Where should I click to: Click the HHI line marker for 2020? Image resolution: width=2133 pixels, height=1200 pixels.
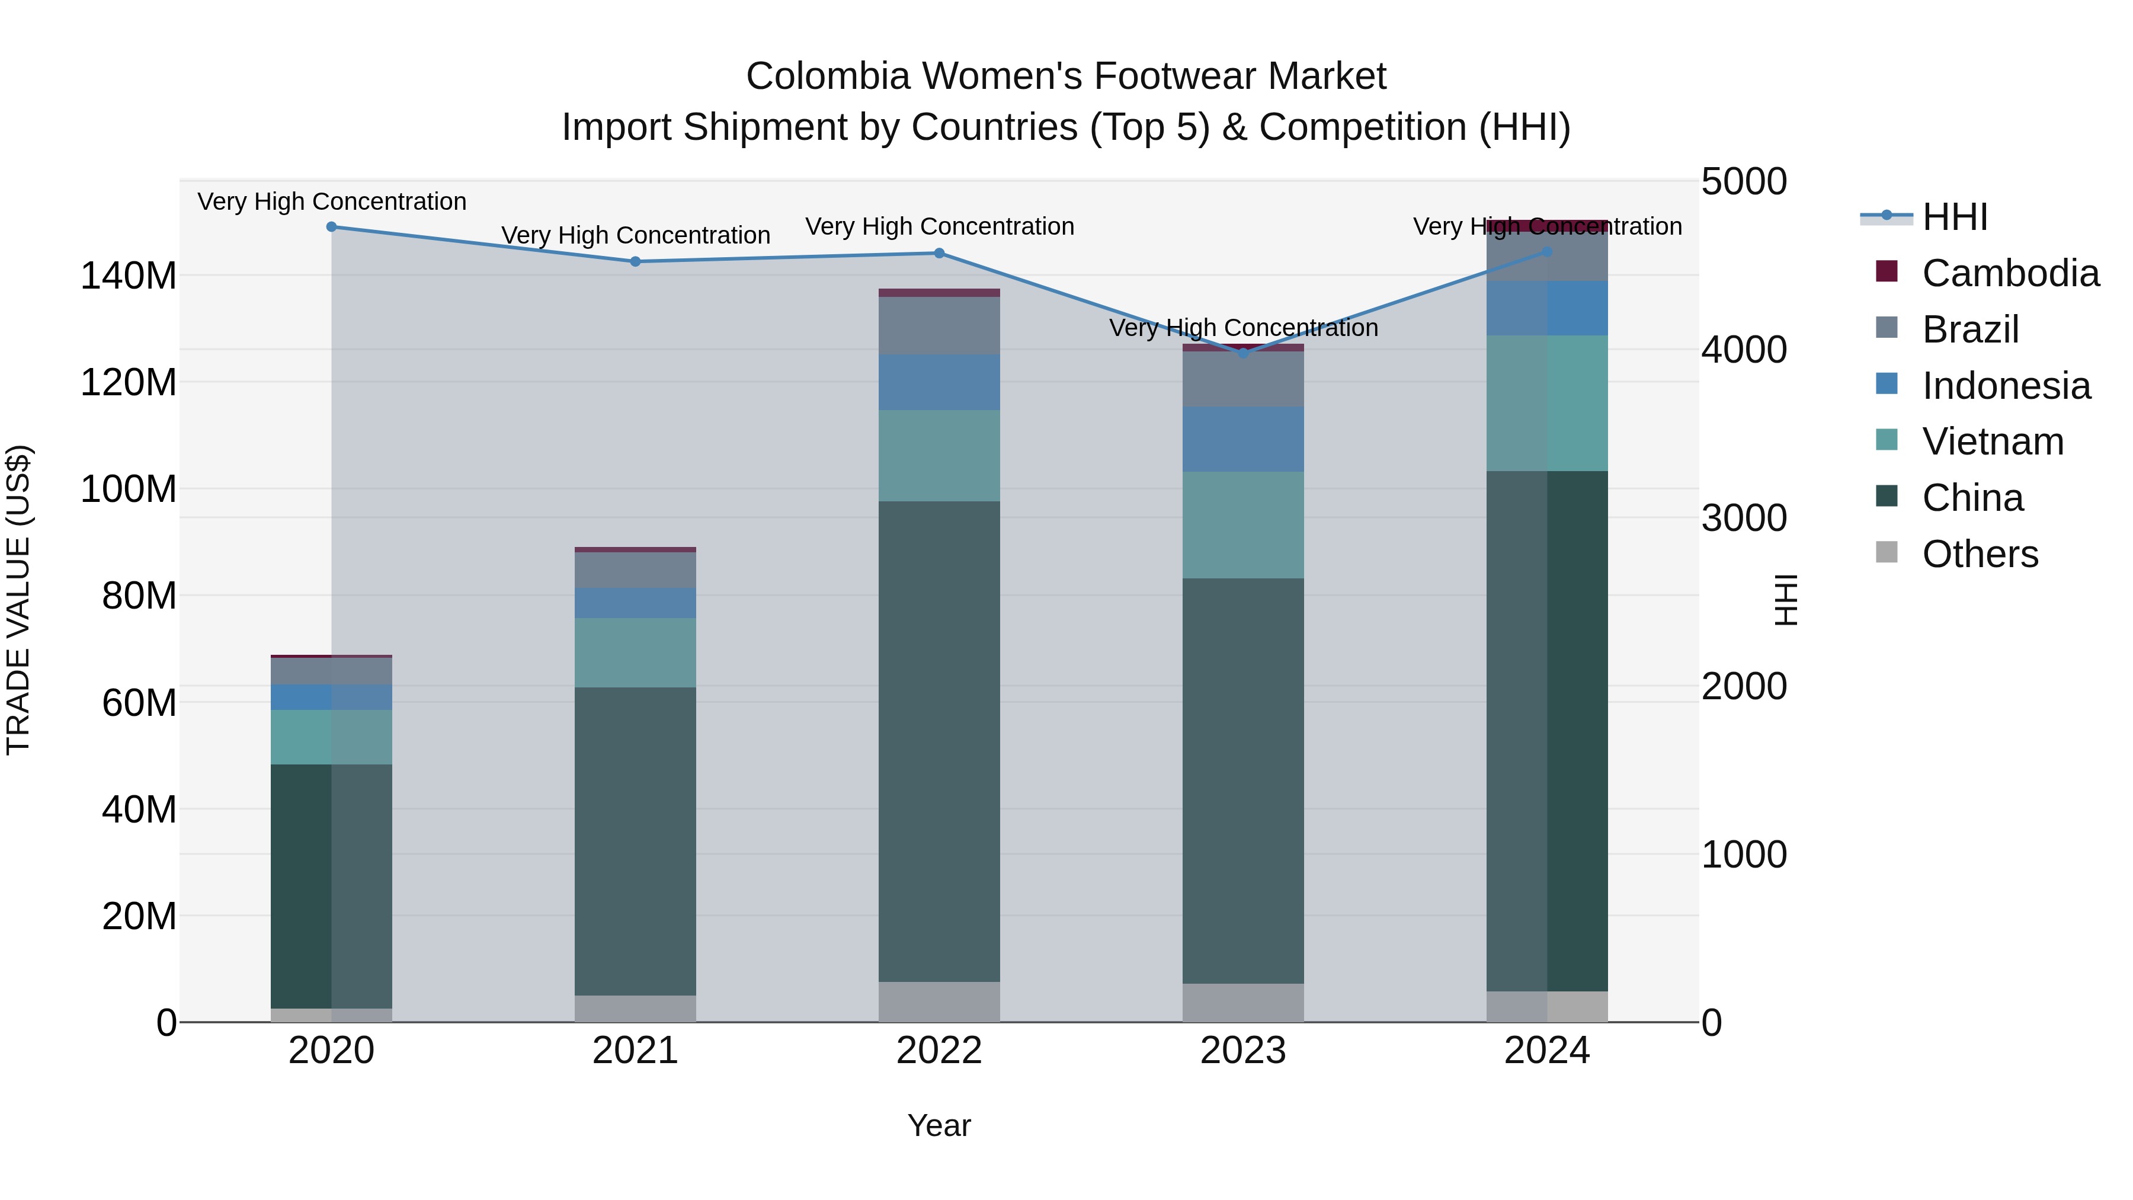pyautogui.click(x=331, y=227)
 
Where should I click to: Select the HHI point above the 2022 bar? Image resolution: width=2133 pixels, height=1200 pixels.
pyautogui.click(x=939, y=254)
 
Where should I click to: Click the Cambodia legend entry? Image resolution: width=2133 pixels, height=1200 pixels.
pyautogui.click(x=2010, y=273)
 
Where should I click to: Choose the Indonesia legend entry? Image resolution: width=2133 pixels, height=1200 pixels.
pyautogui.click(x=2006, y=386)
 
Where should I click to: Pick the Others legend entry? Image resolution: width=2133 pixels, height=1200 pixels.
pyautogui.click(x=1979, y=554)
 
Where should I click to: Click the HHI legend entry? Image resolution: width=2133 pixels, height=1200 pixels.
pyautogui.click(x=1954, y=217)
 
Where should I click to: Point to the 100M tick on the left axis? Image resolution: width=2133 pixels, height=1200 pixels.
pyautogui.click(x=129, y=489)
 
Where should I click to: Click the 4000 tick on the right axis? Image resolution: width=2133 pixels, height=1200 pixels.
pyautogui.click(x=1744, y=350)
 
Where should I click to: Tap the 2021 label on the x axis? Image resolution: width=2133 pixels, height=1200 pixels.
pyautogui.click(x=635, y=1051)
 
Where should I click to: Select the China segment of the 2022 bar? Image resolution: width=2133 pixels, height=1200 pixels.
pyautogui.click(x=939, y=741)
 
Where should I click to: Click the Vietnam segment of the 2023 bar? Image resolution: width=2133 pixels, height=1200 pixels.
pyautogui.click(x=1243, y=525)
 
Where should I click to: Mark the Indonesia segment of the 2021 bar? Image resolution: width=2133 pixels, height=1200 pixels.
pyautogui.click(x=635, y=603)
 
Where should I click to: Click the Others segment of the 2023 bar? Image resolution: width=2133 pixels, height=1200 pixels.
pyautogui.click(x=1243, y=1003)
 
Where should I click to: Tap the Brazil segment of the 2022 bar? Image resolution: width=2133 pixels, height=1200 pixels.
pyautogui.click(x=939, y=325)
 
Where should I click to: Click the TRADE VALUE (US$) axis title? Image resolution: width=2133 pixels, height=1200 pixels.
pyautogui.click(x=18, y=600)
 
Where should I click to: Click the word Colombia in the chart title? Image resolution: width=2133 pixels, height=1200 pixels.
pyautogui.click(x=829, y=76)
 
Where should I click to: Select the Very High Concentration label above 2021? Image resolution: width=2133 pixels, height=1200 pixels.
pyautogui.click(x=635, y=235)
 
